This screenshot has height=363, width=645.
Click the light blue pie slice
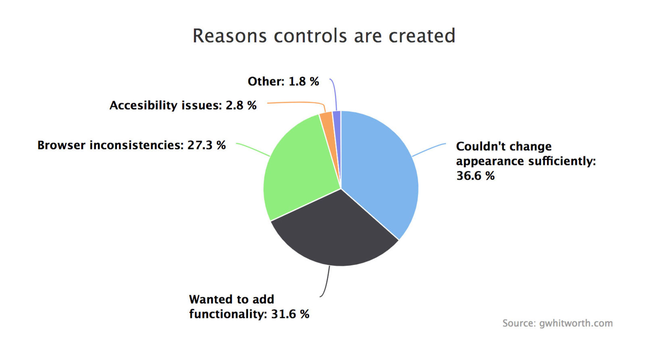379,169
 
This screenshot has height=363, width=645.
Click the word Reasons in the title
229,36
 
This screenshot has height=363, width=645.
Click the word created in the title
422,36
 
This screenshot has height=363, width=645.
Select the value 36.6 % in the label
475,176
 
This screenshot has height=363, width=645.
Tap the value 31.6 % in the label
290,314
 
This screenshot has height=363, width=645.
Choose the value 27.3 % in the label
206,145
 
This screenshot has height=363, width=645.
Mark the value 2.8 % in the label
241,105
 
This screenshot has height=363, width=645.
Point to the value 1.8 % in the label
304,81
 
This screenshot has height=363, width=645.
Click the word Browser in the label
61,145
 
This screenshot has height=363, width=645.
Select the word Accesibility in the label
144,105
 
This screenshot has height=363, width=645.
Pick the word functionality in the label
226,314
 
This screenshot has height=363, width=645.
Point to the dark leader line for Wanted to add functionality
327,282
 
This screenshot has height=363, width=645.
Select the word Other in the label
264,81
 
